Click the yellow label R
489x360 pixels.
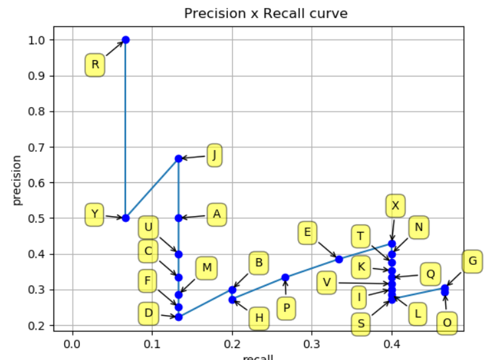(95, 65)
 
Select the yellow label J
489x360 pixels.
(214, 156)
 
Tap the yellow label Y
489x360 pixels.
(95, 214)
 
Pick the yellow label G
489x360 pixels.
(472, 261)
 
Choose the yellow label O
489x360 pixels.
(447, 323)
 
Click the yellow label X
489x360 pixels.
(395, 205)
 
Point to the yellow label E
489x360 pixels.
(307, 233)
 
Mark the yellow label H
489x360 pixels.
(259, 319)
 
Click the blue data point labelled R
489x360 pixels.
(126, 40)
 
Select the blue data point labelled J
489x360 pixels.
(178, 159)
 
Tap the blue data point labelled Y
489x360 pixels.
(126, 218)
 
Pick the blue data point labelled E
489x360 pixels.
(339, 259)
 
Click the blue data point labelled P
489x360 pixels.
(285, 277)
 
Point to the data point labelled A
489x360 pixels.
(178, 217)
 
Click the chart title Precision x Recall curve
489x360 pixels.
(266, 13)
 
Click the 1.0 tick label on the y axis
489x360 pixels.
(38, 40)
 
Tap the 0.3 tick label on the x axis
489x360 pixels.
(312, 344)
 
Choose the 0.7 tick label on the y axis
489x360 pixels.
(38, 147)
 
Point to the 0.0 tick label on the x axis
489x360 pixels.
(72, 344)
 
